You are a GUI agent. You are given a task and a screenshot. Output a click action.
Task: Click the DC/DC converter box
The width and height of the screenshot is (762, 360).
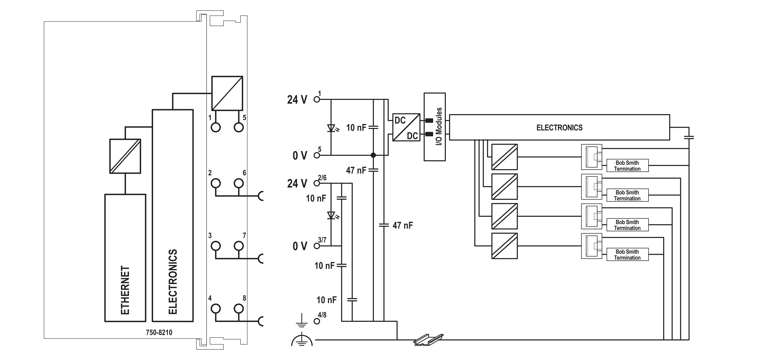(x=406, y=127)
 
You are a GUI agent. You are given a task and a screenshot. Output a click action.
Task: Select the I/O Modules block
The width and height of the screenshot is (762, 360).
(x=435, y=127)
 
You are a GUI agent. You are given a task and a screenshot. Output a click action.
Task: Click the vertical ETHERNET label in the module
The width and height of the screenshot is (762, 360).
(x=125, y=290)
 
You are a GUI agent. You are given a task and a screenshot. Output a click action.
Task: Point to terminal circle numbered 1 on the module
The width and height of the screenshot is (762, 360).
(x=216, y=127)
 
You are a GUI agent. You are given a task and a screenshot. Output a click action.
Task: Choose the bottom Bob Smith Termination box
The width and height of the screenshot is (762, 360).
(x=627, y=254)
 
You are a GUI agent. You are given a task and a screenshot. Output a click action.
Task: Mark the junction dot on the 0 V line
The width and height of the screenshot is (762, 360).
(x=373, y=155)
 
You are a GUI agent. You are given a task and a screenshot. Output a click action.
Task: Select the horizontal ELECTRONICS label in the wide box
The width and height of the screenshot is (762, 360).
(x=559, y=128)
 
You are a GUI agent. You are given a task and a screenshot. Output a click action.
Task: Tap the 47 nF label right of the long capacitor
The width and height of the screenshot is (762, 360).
(x=403, y=225)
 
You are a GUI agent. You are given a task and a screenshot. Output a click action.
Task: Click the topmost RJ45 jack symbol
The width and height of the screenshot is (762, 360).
(x=592, y=157)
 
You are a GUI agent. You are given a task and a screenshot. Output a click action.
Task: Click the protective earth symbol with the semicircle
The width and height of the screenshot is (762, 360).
(x=302, y=340)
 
